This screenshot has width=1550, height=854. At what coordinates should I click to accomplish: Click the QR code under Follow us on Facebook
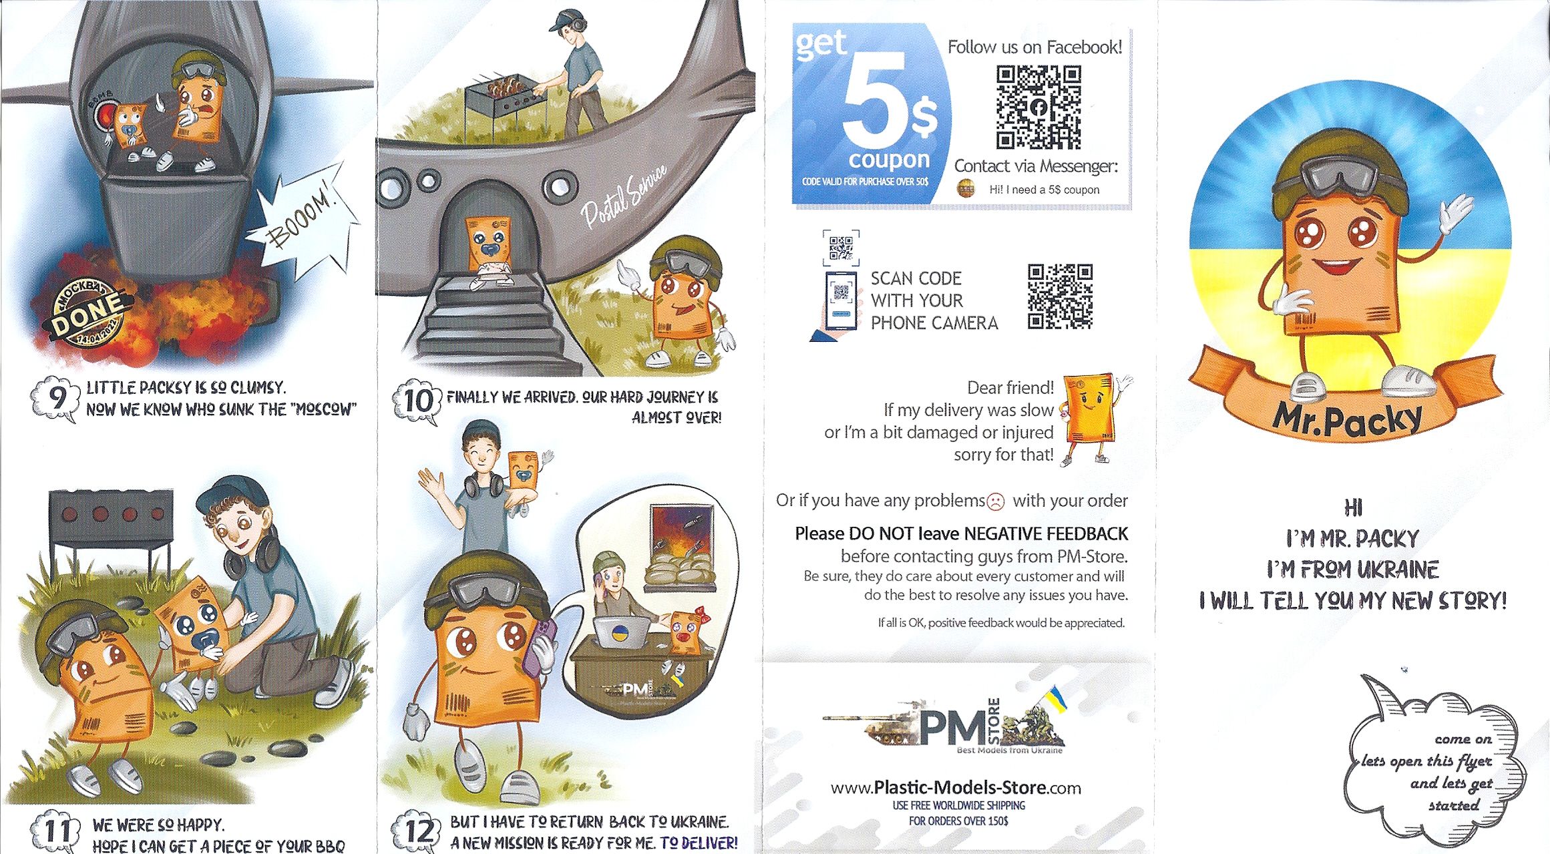coord(1038,107)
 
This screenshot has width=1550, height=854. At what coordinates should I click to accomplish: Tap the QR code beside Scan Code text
coord(1060,296)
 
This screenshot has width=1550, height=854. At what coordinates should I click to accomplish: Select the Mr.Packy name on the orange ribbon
coord(1347,419)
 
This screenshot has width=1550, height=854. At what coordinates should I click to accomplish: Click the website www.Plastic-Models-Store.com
coord(956,788)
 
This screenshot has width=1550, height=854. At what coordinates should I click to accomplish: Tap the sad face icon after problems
coord(995,501)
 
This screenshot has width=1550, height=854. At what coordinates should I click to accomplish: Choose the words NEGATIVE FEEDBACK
coord(1046,533)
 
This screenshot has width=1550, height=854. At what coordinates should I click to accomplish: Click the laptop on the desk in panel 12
coord(622,632)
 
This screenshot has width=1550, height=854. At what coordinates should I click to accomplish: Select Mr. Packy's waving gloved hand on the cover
coord(1456,214)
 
